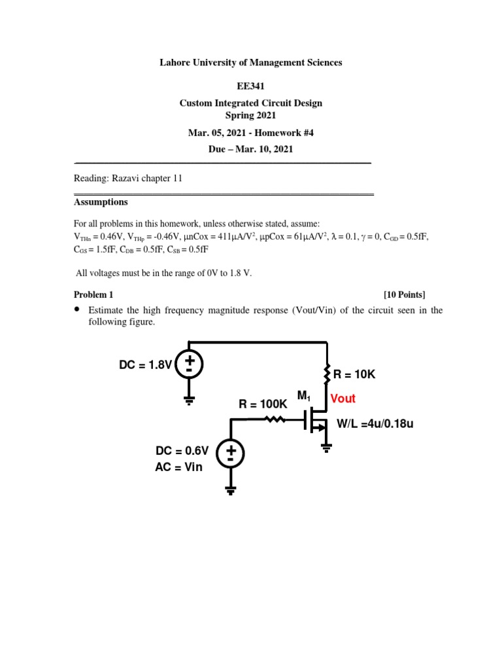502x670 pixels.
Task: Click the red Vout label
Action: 343,398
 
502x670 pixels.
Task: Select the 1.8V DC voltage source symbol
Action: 189,364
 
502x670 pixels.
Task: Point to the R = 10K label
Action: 355,374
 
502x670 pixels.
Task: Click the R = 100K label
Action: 263,404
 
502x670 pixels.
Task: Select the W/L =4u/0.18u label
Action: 375,424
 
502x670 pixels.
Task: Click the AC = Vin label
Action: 179,467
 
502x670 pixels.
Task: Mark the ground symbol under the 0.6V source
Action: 231,490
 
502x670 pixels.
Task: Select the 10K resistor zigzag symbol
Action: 327,375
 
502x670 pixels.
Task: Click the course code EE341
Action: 251,85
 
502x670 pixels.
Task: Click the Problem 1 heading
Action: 93,295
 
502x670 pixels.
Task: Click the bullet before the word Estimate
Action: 77,309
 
